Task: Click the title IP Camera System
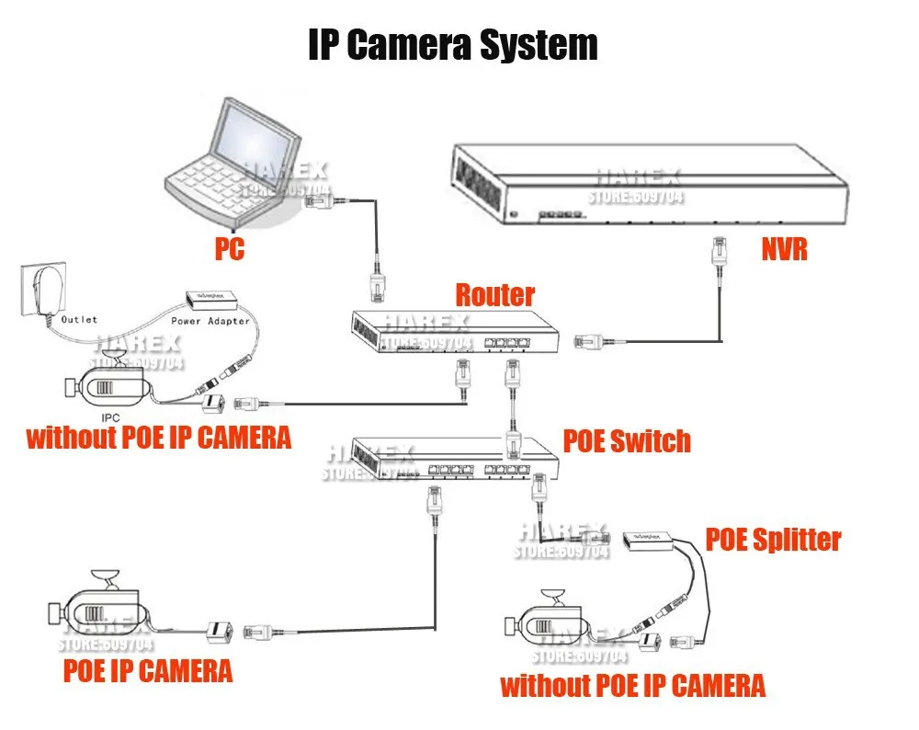pos(452,45)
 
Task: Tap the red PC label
pos(229,249)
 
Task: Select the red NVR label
pos(784,248)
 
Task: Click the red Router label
pos(494,295)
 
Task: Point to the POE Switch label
pos(626,440)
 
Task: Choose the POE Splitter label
pos(773,539)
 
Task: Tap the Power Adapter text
pos(210,321)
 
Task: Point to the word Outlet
pos(79,320)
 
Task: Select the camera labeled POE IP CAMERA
pos(96,610)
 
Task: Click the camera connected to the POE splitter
pos(546,625)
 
